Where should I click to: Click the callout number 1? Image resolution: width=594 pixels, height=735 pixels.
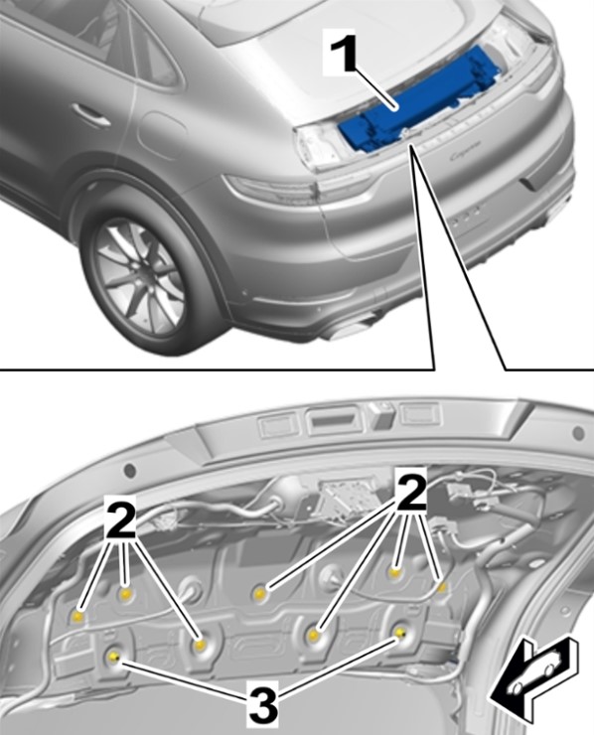coord(349,55)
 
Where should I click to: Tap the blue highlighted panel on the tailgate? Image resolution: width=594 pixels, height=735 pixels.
coord(419,100)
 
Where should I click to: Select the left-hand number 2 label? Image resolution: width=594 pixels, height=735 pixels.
coord(119,519)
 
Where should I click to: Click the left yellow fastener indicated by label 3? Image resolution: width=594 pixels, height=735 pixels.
coord(113,658)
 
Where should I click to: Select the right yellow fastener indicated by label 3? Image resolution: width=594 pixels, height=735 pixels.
coord(400,634)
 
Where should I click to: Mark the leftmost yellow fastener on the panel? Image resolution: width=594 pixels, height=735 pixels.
coord(78,616)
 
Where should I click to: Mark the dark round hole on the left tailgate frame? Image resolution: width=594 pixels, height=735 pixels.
coord(129,469)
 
